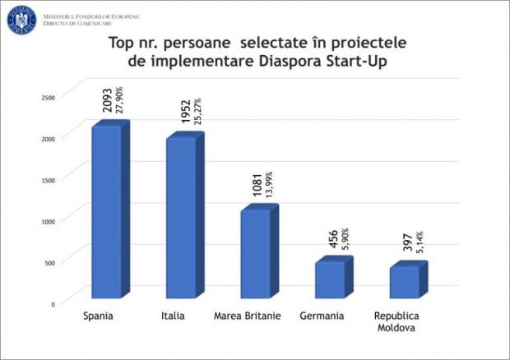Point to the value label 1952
(x=183, y=109)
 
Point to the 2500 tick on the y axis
(x=49, y=97)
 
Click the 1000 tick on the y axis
(x=49, y=220)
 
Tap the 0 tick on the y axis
(x=53, y=303)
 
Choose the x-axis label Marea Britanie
(x=247, y=316)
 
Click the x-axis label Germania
(x=324, y=316)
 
